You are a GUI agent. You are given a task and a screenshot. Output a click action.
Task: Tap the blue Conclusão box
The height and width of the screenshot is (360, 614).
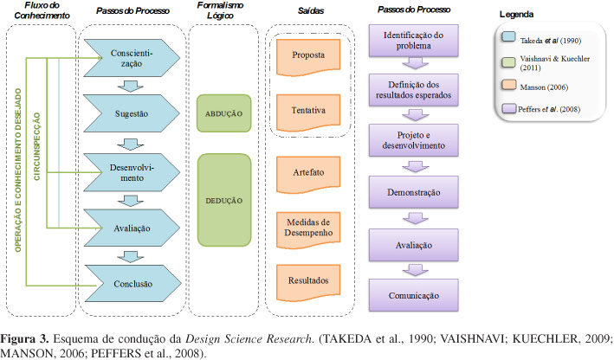click(x=131, y=283)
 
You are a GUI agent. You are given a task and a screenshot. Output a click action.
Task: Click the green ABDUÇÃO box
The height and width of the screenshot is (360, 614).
click(x=224, y=113)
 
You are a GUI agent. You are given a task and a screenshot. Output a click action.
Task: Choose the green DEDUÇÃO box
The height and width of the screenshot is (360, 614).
click(x=224, y=199)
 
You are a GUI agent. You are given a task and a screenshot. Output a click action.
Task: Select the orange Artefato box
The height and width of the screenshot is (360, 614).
click(x=309, y=173)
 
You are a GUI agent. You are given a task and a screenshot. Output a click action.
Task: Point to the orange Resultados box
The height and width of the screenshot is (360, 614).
click(x=309, y=281)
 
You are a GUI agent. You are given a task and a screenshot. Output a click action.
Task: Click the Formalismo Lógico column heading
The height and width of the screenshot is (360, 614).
click(x=223, y=17)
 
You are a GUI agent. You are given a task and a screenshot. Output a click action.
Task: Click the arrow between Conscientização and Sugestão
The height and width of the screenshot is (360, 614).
click(x=131, y=85)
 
